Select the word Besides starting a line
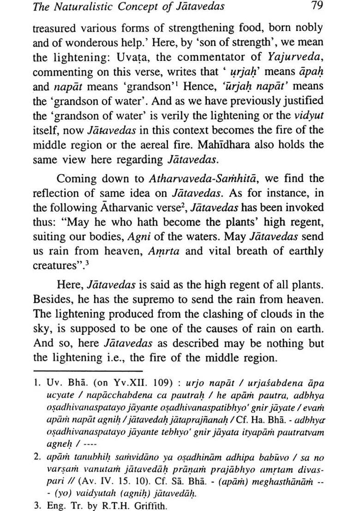click(52, 300)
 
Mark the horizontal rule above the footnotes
click(88, 370)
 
